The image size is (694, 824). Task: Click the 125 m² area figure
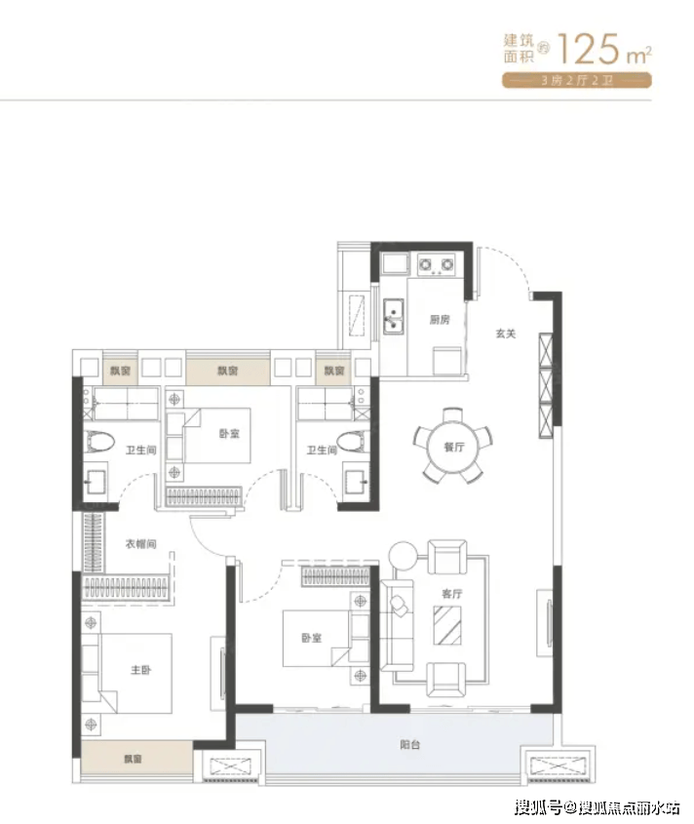604,49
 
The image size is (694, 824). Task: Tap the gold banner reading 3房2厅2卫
577,80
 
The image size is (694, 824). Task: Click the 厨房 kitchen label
440,320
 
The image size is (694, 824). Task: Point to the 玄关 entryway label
506,334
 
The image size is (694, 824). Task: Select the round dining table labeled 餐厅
453,447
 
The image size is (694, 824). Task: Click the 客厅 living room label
452,594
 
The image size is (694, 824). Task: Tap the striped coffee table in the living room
447,625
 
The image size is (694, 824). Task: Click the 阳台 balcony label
409,744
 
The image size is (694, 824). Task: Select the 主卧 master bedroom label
140,670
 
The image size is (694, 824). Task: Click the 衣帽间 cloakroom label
140,544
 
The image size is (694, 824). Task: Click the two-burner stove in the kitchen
436,264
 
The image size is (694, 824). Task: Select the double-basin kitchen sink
394,316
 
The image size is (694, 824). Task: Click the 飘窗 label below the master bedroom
133,759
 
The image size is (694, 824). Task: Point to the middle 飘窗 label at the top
228,371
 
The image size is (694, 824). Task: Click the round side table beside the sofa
403,555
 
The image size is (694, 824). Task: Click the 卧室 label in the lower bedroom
312,638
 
